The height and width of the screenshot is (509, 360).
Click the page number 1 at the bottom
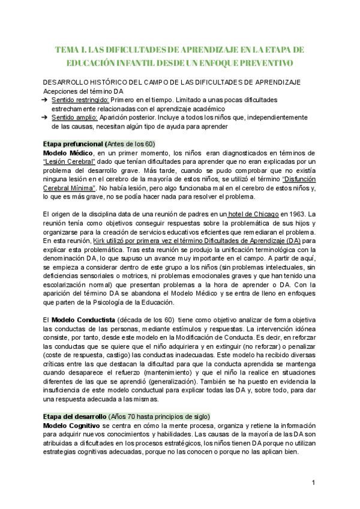[x=313, y=483]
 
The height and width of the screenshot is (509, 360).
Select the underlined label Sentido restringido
[x=80, y=100]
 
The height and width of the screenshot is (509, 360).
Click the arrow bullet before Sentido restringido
[x=44, y=100]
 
